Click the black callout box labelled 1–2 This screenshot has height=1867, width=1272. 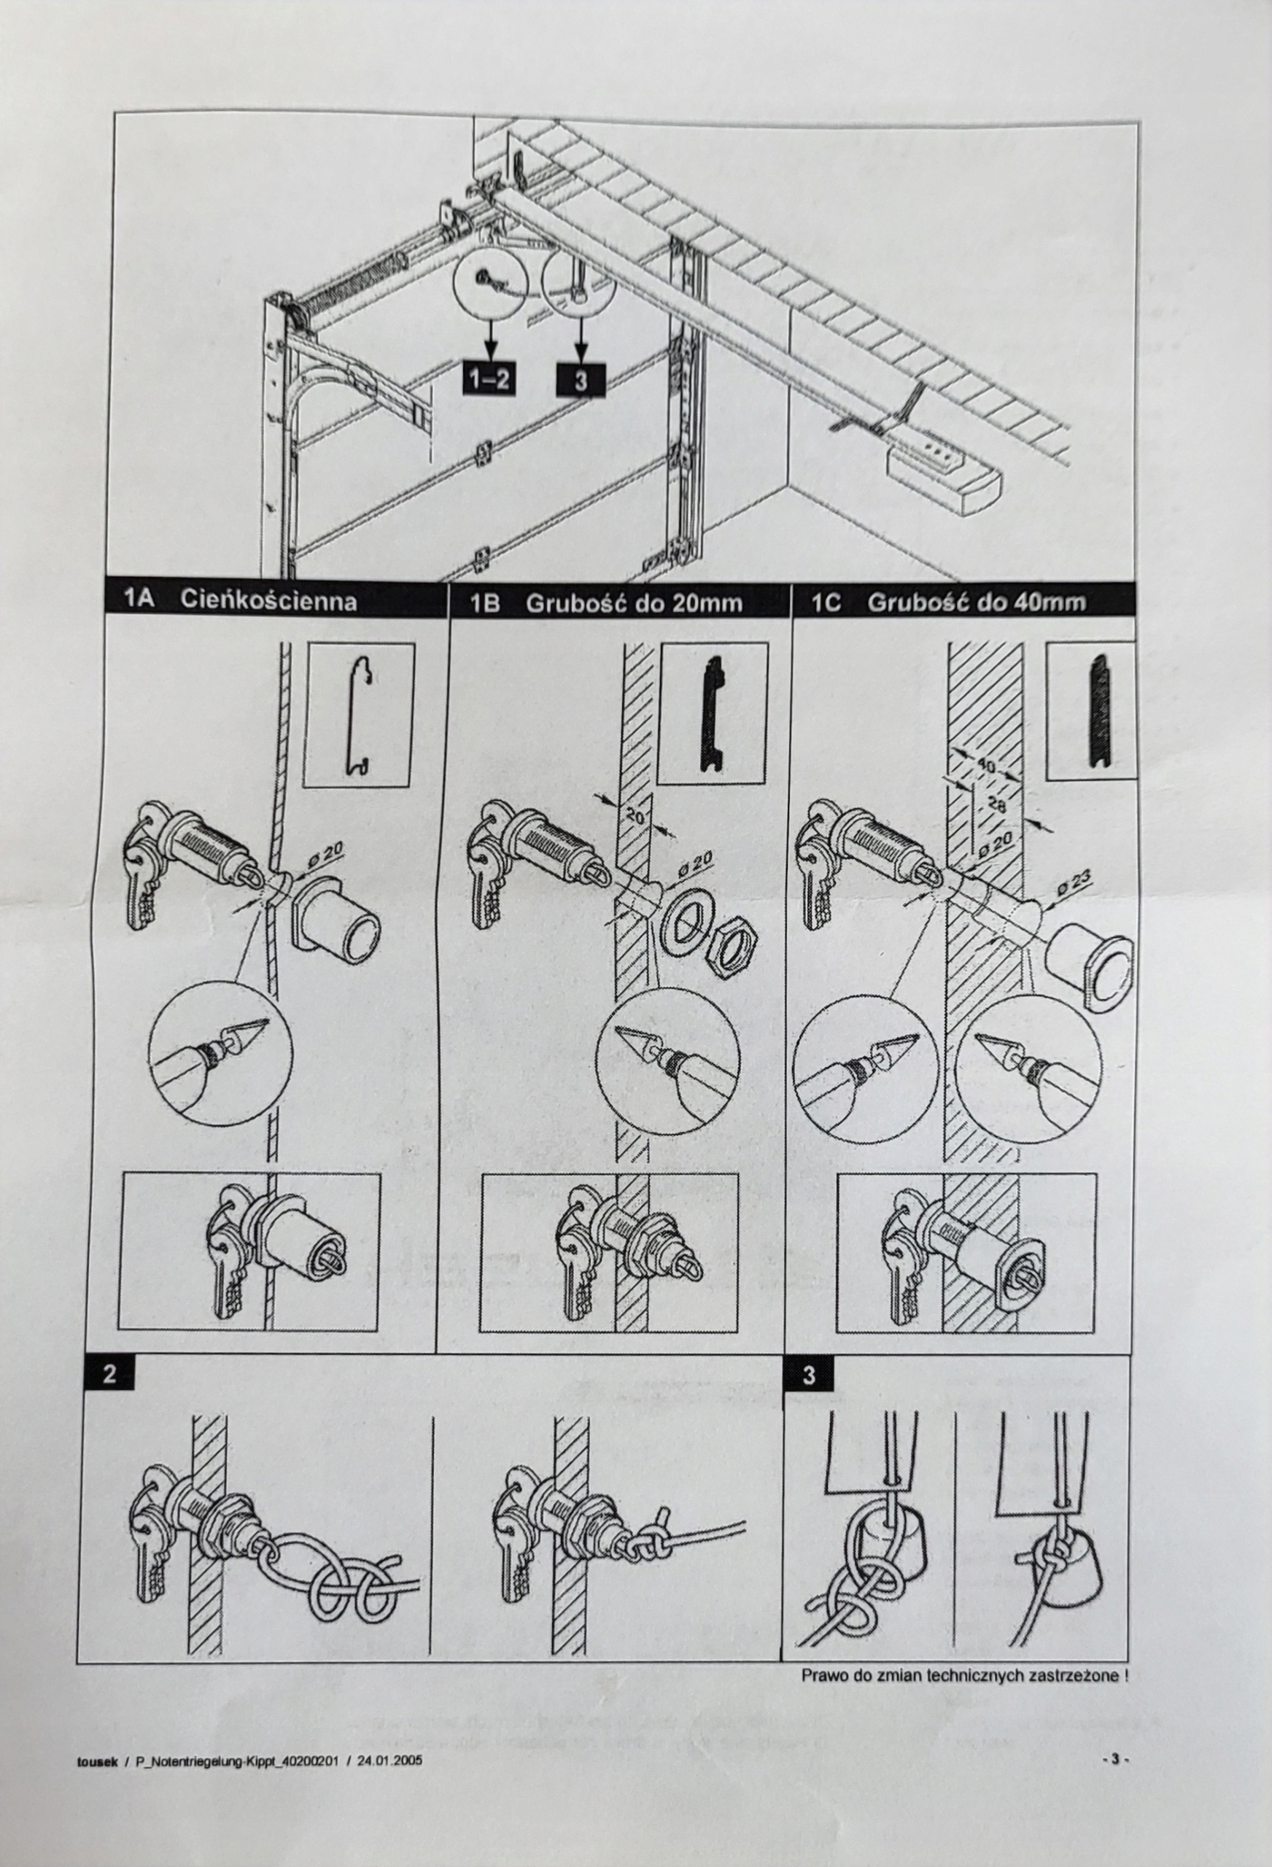tap(489, 379)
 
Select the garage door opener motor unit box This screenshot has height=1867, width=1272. tap(942, 479)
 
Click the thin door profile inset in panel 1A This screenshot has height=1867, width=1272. tap(358, 715)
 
